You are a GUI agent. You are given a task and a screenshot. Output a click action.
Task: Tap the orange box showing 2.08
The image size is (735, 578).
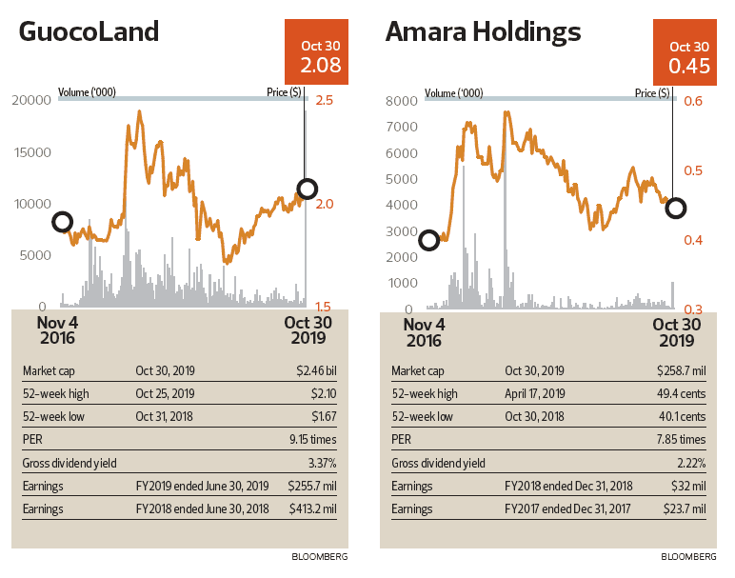[320, 55]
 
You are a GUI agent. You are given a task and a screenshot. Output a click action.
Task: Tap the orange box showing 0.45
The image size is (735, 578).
[688, 55]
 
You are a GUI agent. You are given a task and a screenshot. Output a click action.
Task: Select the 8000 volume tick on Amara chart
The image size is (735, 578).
[400, 101]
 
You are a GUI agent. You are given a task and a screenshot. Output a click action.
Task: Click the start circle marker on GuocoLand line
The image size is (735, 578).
[63, 222]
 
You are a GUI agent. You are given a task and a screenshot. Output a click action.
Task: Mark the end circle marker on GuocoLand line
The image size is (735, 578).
[307, 189]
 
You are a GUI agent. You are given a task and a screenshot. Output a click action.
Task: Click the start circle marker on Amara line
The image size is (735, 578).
[428, 239]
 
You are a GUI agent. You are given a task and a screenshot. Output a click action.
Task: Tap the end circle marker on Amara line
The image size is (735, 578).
[675, 208]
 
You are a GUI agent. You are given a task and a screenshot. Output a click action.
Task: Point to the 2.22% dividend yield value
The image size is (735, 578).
[687, 464]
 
